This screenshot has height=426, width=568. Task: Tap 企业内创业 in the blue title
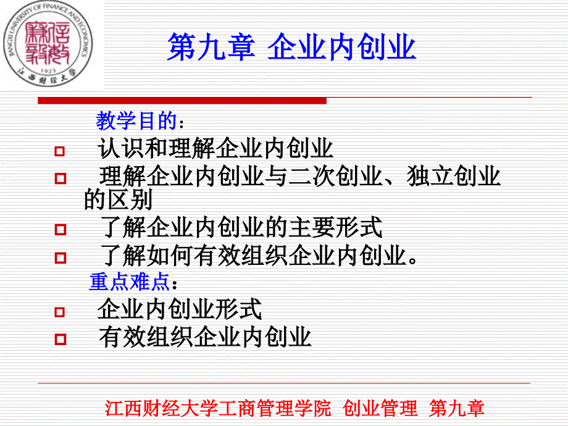(x=341, y=48)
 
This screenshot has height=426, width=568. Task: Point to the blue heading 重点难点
(x=129, y=282)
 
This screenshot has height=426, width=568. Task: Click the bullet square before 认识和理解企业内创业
(x=60, y=151)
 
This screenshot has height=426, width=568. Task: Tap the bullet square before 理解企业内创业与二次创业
(x=60, y=179)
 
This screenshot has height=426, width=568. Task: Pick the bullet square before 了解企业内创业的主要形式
(x=60, y=230)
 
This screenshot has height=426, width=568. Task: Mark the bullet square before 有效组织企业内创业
(x=60, y=339)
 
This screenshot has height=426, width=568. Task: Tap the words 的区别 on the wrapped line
(x=118, y=200)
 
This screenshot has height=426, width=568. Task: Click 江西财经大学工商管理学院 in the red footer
(x=219, y=408)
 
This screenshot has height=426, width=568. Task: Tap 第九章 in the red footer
(x=457, y=408)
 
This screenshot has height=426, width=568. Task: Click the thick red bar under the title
(x=182, y=100)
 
